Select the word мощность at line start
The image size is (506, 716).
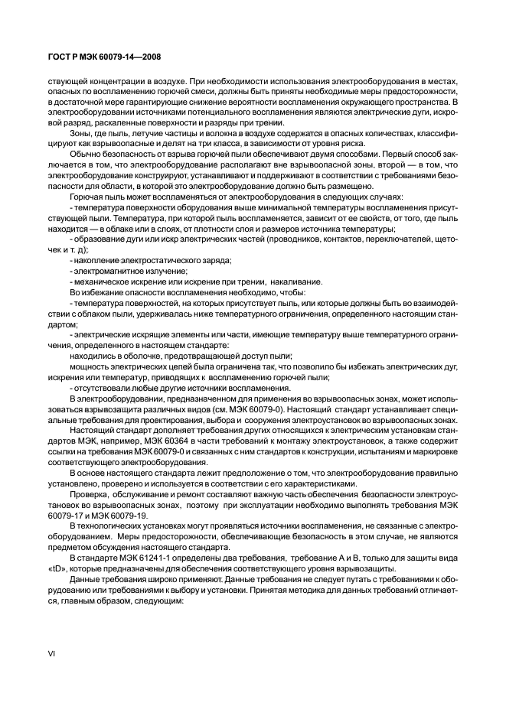point(91,366)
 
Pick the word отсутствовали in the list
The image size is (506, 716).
point(103,388)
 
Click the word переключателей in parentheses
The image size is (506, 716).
point(397,239)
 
